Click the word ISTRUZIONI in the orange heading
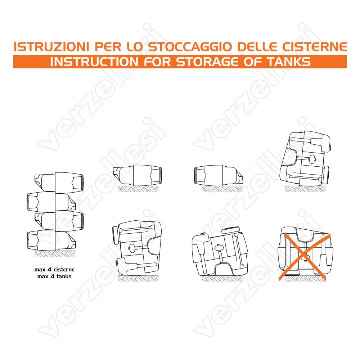click(x=51, y=46)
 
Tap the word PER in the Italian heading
click(x=108, y=46)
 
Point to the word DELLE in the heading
click(x=257, y=46)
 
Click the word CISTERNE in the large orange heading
click(x=314, y=46)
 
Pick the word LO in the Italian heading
click(x=135, y=46)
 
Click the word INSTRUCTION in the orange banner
click(x=94, y=62)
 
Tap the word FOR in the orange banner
click(x=158, y=62)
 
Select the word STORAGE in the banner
click(x=207, y=62)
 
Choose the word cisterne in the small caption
click(x=64, y=270)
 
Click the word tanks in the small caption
click(x=64, y=276)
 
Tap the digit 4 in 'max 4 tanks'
click(x=52, y=276)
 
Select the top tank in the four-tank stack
click(x=59, y=183)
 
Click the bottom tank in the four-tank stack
click(x=51, y=240)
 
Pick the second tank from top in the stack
click(x=51, y=202)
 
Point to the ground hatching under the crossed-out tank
click(x=305, y=279)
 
